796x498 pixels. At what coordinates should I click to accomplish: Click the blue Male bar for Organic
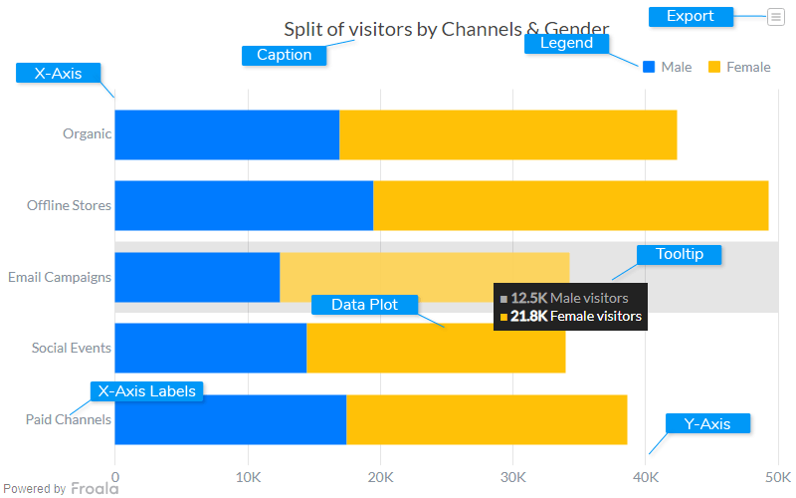(x=227, y=134)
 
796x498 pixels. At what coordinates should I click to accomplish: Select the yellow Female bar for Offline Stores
(x=570, y=205)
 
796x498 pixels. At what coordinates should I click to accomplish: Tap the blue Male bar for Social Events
(x=211, y=348)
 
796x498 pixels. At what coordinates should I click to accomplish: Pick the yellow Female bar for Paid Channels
(x=487, y=419)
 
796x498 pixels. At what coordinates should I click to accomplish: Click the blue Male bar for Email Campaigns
(x=197, y=277)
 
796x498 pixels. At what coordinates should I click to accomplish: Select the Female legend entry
(x=739, y=67)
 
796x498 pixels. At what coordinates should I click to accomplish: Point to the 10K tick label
(x=248, y=477)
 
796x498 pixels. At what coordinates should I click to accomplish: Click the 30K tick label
(x=512, y=477)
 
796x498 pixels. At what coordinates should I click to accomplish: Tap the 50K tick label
(x=777, y=477)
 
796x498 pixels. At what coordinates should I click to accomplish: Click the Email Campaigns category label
(x=60, y=277)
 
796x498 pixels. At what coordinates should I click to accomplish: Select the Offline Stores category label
(x=69, y=205)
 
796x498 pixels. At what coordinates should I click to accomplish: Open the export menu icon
(x=775, y=16)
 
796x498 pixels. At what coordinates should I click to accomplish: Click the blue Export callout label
(x=691, y=16)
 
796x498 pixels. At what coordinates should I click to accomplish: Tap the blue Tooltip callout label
(x=680, y=254)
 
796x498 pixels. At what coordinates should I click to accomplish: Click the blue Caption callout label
(x=285, y=55)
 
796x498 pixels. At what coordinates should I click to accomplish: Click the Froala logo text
(x=94, y=488)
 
